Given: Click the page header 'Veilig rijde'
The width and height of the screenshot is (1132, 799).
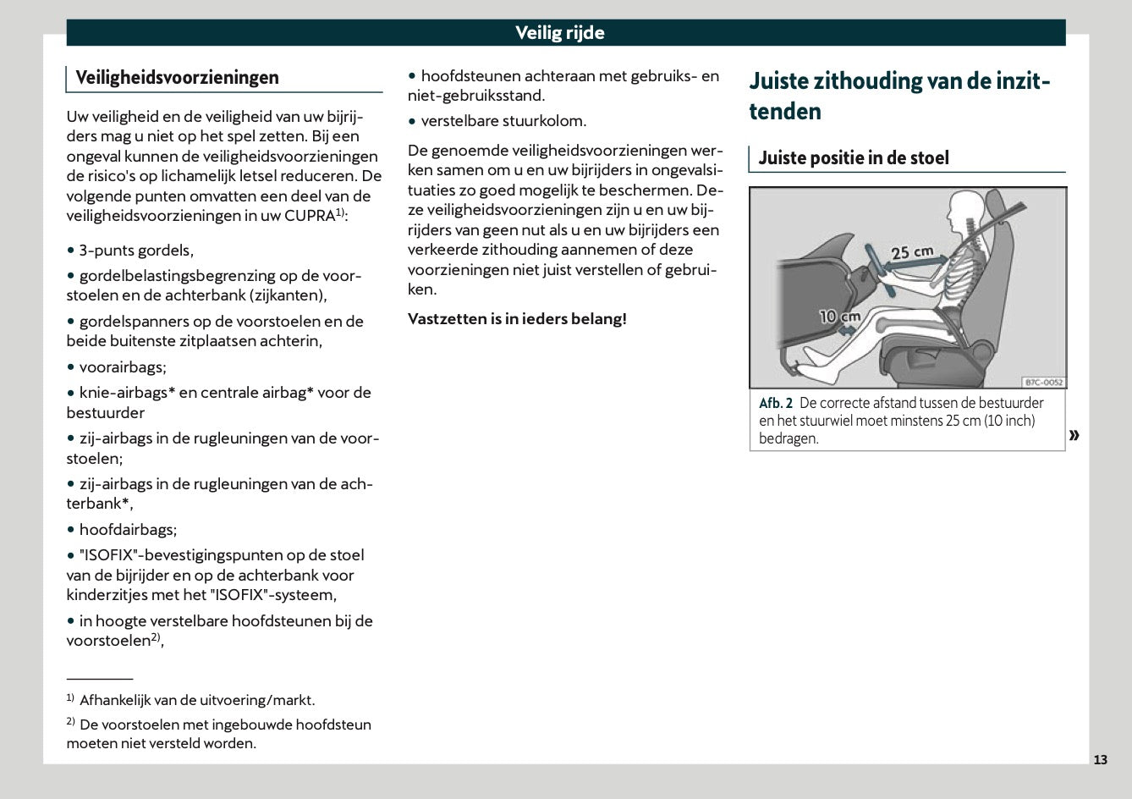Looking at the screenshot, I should coord(560,33).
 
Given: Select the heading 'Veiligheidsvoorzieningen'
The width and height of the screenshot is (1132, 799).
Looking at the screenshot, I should coord(177,78).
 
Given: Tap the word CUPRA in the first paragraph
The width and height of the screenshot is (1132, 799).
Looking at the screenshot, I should coord(310,216).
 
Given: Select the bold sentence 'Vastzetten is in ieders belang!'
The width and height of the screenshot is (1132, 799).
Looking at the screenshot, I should coord(517,319).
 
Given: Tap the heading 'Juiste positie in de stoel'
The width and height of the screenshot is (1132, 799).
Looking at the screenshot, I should coord(853,158).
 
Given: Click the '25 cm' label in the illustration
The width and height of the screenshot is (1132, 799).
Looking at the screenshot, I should coord(912,252).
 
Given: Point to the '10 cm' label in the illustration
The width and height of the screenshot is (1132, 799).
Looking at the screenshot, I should coord(839,317).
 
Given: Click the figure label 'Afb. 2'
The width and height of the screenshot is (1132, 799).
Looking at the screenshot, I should coord(775,403).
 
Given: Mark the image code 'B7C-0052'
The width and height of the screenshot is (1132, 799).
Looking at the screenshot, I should coord(1042,382).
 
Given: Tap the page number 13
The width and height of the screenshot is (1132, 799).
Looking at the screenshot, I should coord(1099,759).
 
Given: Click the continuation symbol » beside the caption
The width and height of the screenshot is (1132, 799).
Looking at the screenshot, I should coord(1074,435).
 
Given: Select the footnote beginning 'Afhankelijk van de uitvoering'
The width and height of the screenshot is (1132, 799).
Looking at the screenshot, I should coord(196,700).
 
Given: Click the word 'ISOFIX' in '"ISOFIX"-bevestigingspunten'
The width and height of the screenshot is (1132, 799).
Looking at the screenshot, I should coord(108,555).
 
